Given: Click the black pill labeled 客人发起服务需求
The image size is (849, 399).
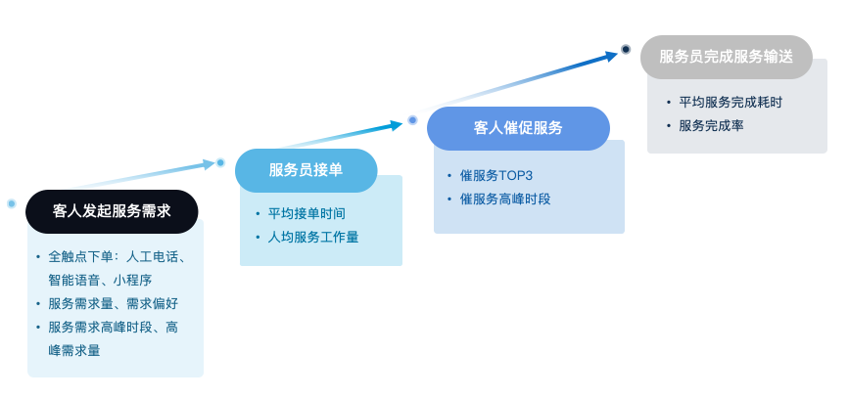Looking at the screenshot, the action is [112, 211].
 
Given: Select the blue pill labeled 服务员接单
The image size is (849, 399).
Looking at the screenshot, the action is [306, 170].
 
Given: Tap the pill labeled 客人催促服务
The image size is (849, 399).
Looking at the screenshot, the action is [518, 129].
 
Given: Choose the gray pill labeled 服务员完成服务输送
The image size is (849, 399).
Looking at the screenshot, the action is [726, 57].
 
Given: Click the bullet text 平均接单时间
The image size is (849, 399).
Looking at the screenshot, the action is [307, 213].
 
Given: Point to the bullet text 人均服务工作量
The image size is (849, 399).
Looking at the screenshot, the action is [313, 238].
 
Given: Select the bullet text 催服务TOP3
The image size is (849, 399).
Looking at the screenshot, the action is [496, 176].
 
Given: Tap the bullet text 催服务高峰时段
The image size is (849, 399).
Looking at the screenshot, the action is [505, 199].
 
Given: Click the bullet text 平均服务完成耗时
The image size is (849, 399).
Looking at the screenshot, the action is [731, 102].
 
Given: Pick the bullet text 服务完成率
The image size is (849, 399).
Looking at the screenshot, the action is [712, 126].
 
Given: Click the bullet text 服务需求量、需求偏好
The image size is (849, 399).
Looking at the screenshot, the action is [114, 304].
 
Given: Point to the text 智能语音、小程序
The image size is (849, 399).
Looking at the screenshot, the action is [100, 280].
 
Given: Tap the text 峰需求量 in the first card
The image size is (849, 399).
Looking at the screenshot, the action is [74, 351].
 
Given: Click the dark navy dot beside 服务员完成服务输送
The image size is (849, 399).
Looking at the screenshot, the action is [626, 49].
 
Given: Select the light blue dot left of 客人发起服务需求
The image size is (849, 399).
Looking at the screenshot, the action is [12, 203].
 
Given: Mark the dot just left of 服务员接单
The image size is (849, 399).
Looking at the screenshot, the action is [220, 162].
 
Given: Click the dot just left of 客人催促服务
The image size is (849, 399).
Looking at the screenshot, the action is [412, 120].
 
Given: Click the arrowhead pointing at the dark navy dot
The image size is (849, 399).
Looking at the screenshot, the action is [611, 55].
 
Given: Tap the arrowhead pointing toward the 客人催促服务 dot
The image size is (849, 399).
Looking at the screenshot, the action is [397, 125].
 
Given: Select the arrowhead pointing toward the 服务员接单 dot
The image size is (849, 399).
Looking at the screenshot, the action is [209, 164].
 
